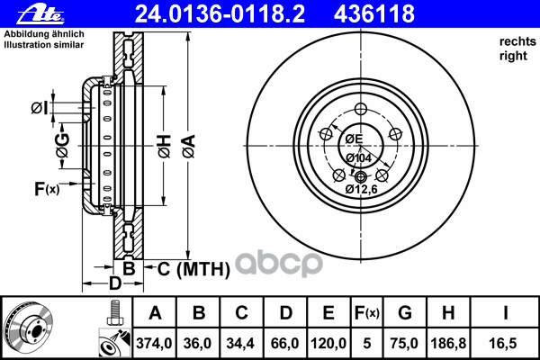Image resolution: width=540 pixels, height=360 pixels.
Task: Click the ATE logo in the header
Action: pos(40,14)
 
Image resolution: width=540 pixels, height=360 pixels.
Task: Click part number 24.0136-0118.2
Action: pos(220,14)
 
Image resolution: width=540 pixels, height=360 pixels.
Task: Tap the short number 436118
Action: pos(374,14)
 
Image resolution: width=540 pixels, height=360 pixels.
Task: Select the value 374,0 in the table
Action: pos(154,344)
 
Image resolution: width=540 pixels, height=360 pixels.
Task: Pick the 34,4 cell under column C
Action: pos(240,344)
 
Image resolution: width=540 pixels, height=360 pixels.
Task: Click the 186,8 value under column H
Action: pos(448,344)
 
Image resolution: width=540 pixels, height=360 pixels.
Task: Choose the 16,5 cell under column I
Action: pos(503,344)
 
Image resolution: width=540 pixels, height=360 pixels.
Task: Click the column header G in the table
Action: pos(405,313)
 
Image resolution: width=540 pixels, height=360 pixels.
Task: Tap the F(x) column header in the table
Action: pos(367,313)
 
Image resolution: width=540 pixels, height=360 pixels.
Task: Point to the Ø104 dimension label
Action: pos(358,158)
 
